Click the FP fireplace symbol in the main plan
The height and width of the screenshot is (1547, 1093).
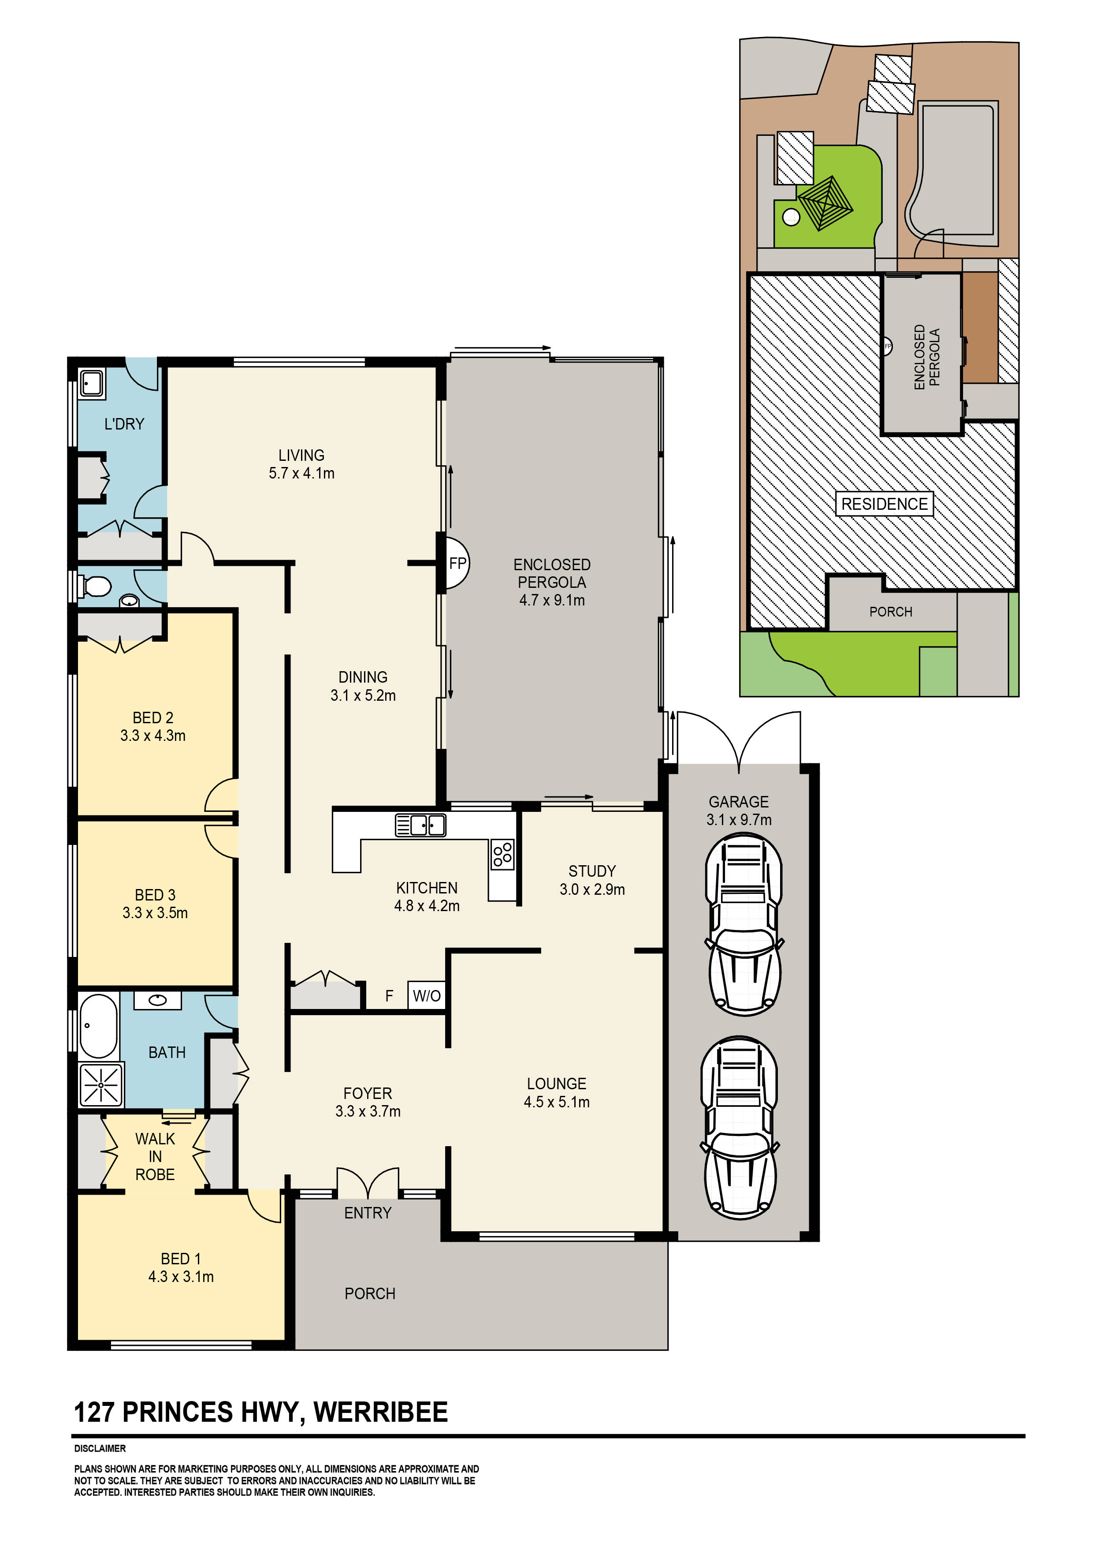pyautogui.click(x=457, y=563)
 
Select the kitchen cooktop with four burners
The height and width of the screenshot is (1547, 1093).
pyautogui.click(x=502, y=854)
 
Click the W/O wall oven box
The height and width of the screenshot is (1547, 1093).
pyautogui.click(x=426, y=995)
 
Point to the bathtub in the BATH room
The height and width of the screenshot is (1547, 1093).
pyautogui.click(x=98, y=1025)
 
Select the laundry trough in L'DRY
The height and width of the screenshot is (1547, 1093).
pyautogui.click(x=91, y=384)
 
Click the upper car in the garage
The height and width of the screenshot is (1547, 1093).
pyautogui.click(x=744, y=924)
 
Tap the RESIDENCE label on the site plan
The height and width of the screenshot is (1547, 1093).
pyautogui.click(x=884, y=504)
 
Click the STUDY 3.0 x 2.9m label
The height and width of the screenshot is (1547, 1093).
pyautogui.click(x=592, y=880)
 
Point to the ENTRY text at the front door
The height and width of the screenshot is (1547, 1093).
pyautogui.click(x=368, y=1213)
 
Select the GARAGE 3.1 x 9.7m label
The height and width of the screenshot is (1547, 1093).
pyautogui.click(x=739, y=811)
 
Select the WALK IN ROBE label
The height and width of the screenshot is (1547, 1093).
pyautogui.click(x=155, y=1156)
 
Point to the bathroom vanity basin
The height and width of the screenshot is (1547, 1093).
pyautogui.click(x=158, y=1000)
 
